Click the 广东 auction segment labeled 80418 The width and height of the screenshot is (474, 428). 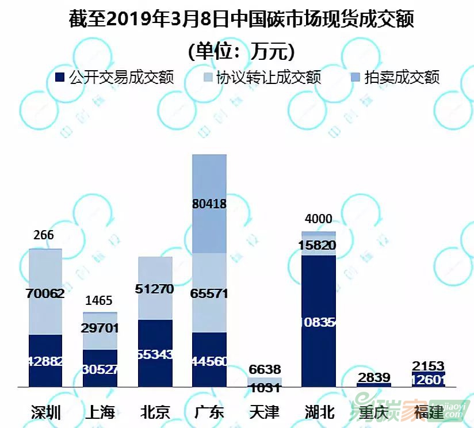209,204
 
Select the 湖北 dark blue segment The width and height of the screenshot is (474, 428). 319,320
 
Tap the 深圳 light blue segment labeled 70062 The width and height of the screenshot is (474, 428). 45,292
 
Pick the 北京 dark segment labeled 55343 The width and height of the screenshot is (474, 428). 155,353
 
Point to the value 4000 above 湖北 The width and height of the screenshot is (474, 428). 318,219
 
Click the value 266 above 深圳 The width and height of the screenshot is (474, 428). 44,235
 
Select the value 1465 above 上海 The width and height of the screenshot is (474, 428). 99,301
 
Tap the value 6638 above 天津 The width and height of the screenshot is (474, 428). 265,369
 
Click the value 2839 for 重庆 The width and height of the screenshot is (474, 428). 374,377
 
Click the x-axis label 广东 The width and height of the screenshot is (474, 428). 209,412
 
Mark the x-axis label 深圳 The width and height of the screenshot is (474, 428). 45,412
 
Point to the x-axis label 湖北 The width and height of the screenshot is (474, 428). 319,412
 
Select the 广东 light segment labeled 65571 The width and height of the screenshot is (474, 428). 209,293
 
